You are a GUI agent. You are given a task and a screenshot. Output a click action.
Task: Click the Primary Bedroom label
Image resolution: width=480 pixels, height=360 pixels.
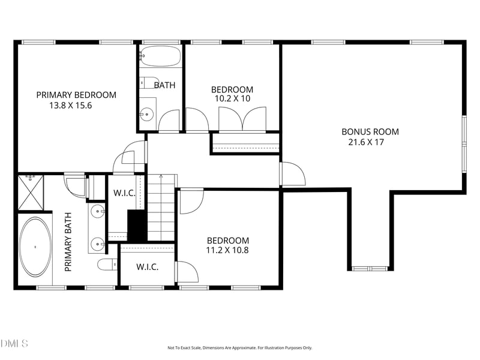(x=76, y=95)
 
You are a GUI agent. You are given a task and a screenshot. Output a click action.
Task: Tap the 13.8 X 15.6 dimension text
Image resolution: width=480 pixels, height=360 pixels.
(x=71, y=106)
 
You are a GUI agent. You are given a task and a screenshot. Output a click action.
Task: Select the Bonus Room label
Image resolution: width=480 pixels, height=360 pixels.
(x=370, y=132)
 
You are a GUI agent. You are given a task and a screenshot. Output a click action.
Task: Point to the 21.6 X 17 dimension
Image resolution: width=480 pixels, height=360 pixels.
(x=366, y=142)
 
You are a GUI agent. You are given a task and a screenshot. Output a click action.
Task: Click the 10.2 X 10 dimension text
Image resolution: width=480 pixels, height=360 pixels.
(x=233, y=98)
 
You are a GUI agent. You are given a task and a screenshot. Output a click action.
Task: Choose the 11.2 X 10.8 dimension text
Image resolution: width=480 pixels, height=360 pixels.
(x=227, y=250)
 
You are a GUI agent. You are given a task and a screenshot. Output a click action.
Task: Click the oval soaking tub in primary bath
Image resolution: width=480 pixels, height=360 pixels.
(x=35, y=247)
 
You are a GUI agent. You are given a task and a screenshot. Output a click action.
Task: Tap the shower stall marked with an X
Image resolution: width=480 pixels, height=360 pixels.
(x=31, y=193)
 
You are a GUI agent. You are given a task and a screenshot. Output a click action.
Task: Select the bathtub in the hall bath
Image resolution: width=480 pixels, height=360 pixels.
(x=160, y=56)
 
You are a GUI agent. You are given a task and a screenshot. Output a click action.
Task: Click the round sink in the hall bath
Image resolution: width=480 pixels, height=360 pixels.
(x=147, y=115)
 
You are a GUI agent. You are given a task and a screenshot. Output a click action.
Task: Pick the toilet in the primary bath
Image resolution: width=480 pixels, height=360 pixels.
(x=107, y=265)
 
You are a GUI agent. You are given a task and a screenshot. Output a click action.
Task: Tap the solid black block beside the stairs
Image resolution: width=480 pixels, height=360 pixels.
(x=137, y=226)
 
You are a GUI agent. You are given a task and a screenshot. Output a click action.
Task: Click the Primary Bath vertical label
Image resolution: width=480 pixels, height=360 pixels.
(x=68, y=242)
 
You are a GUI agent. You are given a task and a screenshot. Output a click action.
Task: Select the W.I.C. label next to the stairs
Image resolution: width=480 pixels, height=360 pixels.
(x=124, y=193)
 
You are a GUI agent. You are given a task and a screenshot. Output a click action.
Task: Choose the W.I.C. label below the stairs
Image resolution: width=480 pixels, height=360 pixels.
(x=147, y=267)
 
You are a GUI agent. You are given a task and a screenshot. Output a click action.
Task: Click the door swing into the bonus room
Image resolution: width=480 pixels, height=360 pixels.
(x=293, y=173)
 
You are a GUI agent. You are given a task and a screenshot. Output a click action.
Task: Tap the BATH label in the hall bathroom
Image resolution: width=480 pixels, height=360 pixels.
(x=164, y=85)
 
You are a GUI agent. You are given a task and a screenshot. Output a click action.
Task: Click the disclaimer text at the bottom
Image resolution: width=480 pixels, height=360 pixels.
(x=239, y=348)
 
